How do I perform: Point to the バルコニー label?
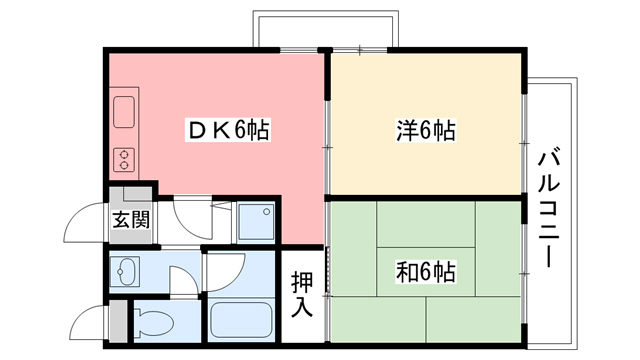(x=549, y=208)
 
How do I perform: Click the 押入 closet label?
(x=303, y=291)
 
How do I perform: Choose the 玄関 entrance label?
(x=130, y=219)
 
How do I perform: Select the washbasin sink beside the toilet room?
(x=128, y=270)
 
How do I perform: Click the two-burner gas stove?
(x=125, y=158)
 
